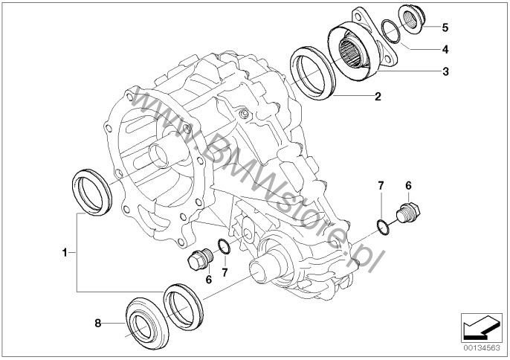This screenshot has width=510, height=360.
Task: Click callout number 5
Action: [445, 28]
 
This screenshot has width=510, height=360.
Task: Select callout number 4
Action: [445, 50]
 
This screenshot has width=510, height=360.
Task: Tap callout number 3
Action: [445, 71]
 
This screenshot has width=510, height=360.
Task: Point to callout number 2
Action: [378, 97]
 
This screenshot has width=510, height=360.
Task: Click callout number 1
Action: [65, 252]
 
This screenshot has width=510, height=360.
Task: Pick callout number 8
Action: [98, 324]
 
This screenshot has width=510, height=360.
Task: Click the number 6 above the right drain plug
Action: [408, 185]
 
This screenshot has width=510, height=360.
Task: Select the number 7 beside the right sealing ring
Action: [381, 185]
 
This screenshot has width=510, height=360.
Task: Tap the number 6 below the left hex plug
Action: [208, 279]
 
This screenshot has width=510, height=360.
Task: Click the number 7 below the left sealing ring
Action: [225, 272]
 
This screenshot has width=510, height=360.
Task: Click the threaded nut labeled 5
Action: [411, 19]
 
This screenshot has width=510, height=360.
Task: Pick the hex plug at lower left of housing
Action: [200, 259]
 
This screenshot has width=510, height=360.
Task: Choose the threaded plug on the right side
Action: [408, 212]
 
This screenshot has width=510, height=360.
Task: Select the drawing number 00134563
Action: [482, 348]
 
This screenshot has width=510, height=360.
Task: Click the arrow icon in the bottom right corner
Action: [482, 327]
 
